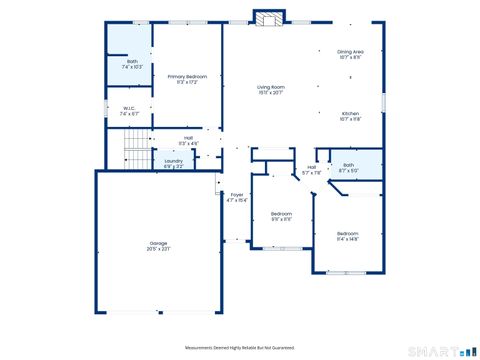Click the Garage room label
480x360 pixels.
pyautogui.click(x=158, y=243)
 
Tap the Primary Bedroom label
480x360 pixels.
pyautogui.click(x=187, y=76)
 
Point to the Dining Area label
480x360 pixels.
pyautogui.click(x=350, y=51)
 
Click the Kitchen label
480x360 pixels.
pyautogui.click(x=350, y=113)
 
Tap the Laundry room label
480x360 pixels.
pyautogui.click(x=173, y=160)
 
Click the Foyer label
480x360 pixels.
pyautogui.click(x=237, y=194)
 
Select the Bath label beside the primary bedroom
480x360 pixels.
pyautogui.click(x=132, y=62)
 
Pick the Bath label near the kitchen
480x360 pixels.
pyautogui.click(x=348, y=164)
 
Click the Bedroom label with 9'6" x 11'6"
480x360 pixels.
pyautogui.click(x=281, y=213)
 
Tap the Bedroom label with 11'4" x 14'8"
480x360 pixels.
pyautogui.click(x=347, y=234)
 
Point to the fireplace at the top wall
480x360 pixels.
pyautogui.click(x=268, y=19)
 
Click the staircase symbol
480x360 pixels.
pyautogui.click(x=134, y=155)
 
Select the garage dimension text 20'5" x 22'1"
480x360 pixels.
pyautogui.click(x=158, y=249)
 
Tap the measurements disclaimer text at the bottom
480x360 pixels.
pyautogui.click(x=240, y=347)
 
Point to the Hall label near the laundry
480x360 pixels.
pyautogui.click(x=188, y=138)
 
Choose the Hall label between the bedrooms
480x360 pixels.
pyautogui.click(x=311, y=167)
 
